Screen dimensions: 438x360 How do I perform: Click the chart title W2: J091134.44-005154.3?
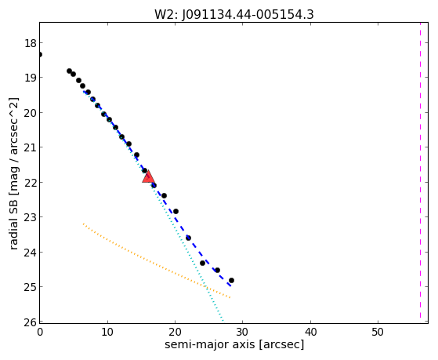pyautogui.click(x=234, y=15)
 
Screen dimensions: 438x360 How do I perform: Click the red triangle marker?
pyautogui.click(x=148, y=177)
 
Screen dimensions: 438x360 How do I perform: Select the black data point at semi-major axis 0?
pyautogui.click(x=40, y=54)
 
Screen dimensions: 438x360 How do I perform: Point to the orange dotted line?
pyautogui.click(x=157, y=260)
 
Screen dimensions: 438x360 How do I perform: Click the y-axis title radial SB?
pyautogui.click(x=13, y=173)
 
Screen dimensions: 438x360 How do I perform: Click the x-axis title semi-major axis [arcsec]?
pyautogui.click(x=234, y=344)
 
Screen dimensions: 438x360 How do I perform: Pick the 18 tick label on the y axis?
pyautogui.click(x=31, y=44)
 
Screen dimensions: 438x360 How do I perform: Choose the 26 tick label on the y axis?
pyautogui.click(x=31, y=322)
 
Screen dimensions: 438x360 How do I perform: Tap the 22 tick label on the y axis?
pyautogui.click(x=31, y=183)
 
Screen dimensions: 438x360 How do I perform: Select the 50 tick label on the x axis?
pyautogui.click(x=378, y=332)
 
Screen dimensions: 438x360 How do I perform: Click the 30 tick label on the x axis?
pyautogui.click(x=242, y=332)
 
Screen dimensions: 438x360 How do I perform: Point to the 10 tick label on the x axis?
pyautogui.click(x=107, y=332)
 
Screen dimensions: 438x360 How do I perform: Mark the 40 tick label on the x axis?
pyautogui.click(x=310, y=332)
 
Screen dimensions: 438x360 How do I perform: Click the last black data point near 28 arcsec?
pyautogui.click(x=231, y=280)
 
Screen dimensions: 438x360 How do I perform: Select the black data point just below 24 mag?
pyautogui.click(x=202, y=263)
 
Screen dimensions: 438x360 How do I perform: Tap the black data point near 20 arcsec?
pyautogui.click(x=176, y=211)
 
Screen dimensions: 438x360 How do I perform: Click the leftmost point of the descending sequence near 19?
pyautogui.click(x=69, y=71)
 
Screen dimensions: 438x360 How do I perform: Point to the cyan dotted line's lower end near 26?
pyautogui.click(x=223, y=321)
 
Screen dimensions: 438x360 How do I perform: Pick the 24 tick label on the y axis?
pyautogui.click(x=31, y=253)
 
